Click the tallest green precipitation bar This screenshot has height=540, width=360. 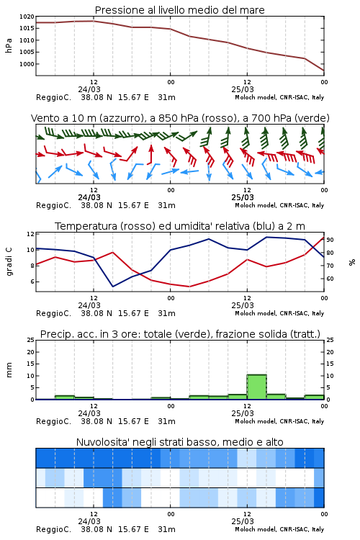pyautogui.click(x=256, y=387)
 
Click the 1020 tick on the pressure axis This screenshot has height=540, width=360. pyautogui.click(x=27, y=17)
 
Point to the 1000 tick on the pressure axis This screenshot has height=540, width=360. pyautogui.click(x=27, y=64)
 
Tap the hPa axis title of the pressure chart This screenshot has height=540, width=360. pyautogui.click(x=9, y=45)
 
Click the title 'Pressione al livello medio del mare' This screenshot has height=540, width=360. pyautogui.click(x=180, y=10)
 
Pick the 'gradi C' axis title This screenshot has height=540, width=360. pyautogui.click(x=9, y=262)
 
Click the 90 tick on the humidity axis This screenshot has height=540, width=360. pyautogui.click(x=330, y=240)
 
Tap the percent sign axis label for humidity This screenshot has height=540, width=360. pyautogui.click(x=352, y=262)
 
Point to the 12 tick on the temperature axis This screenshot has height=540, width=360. pyautogui.click(x=31, y=234)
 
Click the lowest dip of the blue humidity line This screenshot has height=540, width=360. pyautogui.click(x=112, y=286)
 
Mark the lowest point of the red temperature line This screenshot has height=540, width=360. pyautogui.click(x=189, y=287)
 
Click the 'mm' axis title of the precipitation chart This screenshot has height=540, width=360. pyautogui.click(x=9, y=370)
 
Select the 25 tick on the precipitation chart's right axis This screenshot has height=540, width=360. pyautogui.click(x=330, y=340)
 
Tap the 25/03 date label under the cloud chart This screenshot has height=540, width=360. pyautogui.click(x=243, y=521)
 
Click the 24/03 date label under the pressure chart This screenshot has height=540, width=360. pyautogui.click(x=89, y=89)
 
